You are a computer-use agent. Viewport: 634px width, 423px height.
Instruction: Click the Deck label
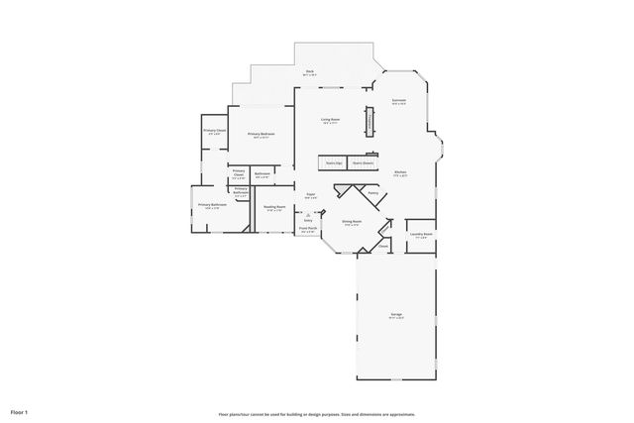(x=309, y=70)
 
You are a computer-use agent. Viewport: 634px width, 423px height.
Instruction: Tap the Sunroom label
(x=398, y=100)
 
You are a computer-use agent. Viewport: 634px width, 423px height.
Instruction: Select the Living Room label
(x=330, y=119)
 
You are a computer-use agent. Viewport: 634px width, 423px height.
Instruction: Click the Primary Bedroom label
(x=261, y=133)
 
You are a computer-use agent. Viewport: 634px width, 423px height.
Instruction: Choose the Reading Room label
(x=274, y=207)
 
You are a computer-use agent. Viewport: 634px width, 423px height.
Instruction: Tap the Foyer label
(x=310, y=194)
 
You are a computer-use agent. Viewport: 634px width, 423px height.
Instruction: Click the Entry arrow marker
(x=309, y=216)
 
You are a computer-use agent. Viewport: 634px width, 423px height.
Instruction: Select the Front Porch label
(x=308, y=228)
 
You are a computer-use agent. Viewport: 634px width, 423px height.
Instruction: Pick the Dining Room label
(x=352, y=221)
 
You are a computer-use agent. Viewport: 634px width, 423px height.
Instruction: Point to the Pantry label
(x=373, y=192)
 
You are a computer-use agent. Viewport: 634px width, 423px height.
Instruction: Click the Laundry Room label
(x=421, y=234)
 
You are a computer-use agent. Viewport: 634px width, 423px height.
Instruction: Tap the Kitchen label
(x=401, y=171)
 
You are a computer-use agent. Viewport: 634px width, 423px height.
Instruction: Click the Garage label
(x=396, y=314)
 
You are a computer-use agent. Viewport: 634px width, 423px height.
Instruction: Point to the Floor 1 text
(x=20, y=411)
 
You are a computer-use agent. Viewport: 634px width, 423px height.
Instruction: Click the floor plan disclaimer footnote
(x=317, y=414)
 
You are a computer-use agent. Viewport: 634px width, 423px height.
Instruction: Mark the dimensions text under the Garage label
(x=396, y=319)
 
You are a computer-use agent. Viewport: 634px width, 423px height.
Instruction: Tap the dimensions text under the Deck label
(x=309, y=75)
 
